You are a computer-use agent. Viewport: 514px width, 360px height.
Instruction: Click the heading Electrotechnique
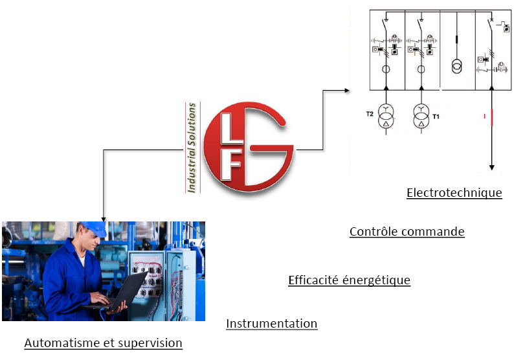[454, 192]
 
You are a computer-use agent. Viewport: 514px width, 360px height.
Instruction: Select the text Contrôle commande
[407, 232]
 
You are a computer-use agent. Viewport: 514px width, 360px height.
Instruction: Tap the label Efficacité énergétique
[349, 280]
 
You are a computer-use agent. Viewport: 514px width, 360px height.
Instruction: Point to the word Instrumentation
[272, 323]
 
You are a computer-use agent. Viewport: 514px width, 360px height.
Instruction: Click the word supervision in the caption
[150, 343]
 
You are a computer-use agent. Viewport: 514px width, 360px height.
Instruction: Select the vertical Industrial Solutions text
[192, 148]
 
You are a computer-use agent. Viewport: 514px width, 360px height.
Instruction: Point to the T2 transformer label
[370, 114]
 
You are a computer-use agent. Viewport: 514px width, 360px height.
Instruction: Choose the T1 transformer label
[436, 117]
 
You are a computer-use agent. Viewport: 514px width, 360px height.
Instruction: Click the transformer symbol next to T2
[386, 116]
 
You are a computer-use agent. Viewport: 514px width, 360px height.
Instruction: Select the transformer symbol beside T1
[421, 116]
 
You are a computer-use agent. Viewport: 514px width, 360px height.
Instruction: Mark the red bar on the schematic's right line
[492, 118]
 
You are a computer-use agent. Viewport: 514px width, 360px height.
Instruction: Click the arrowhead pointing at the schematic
[347, 90]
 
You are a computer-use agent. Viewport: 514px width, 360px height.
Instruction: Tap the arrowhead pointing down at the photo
[104, 219]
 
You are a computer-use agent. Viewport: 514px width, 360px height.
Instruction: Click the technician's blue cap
[95, 228]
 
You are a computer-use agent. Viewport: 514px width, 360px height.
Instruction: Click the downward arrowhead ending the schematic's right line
[492, 168]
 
